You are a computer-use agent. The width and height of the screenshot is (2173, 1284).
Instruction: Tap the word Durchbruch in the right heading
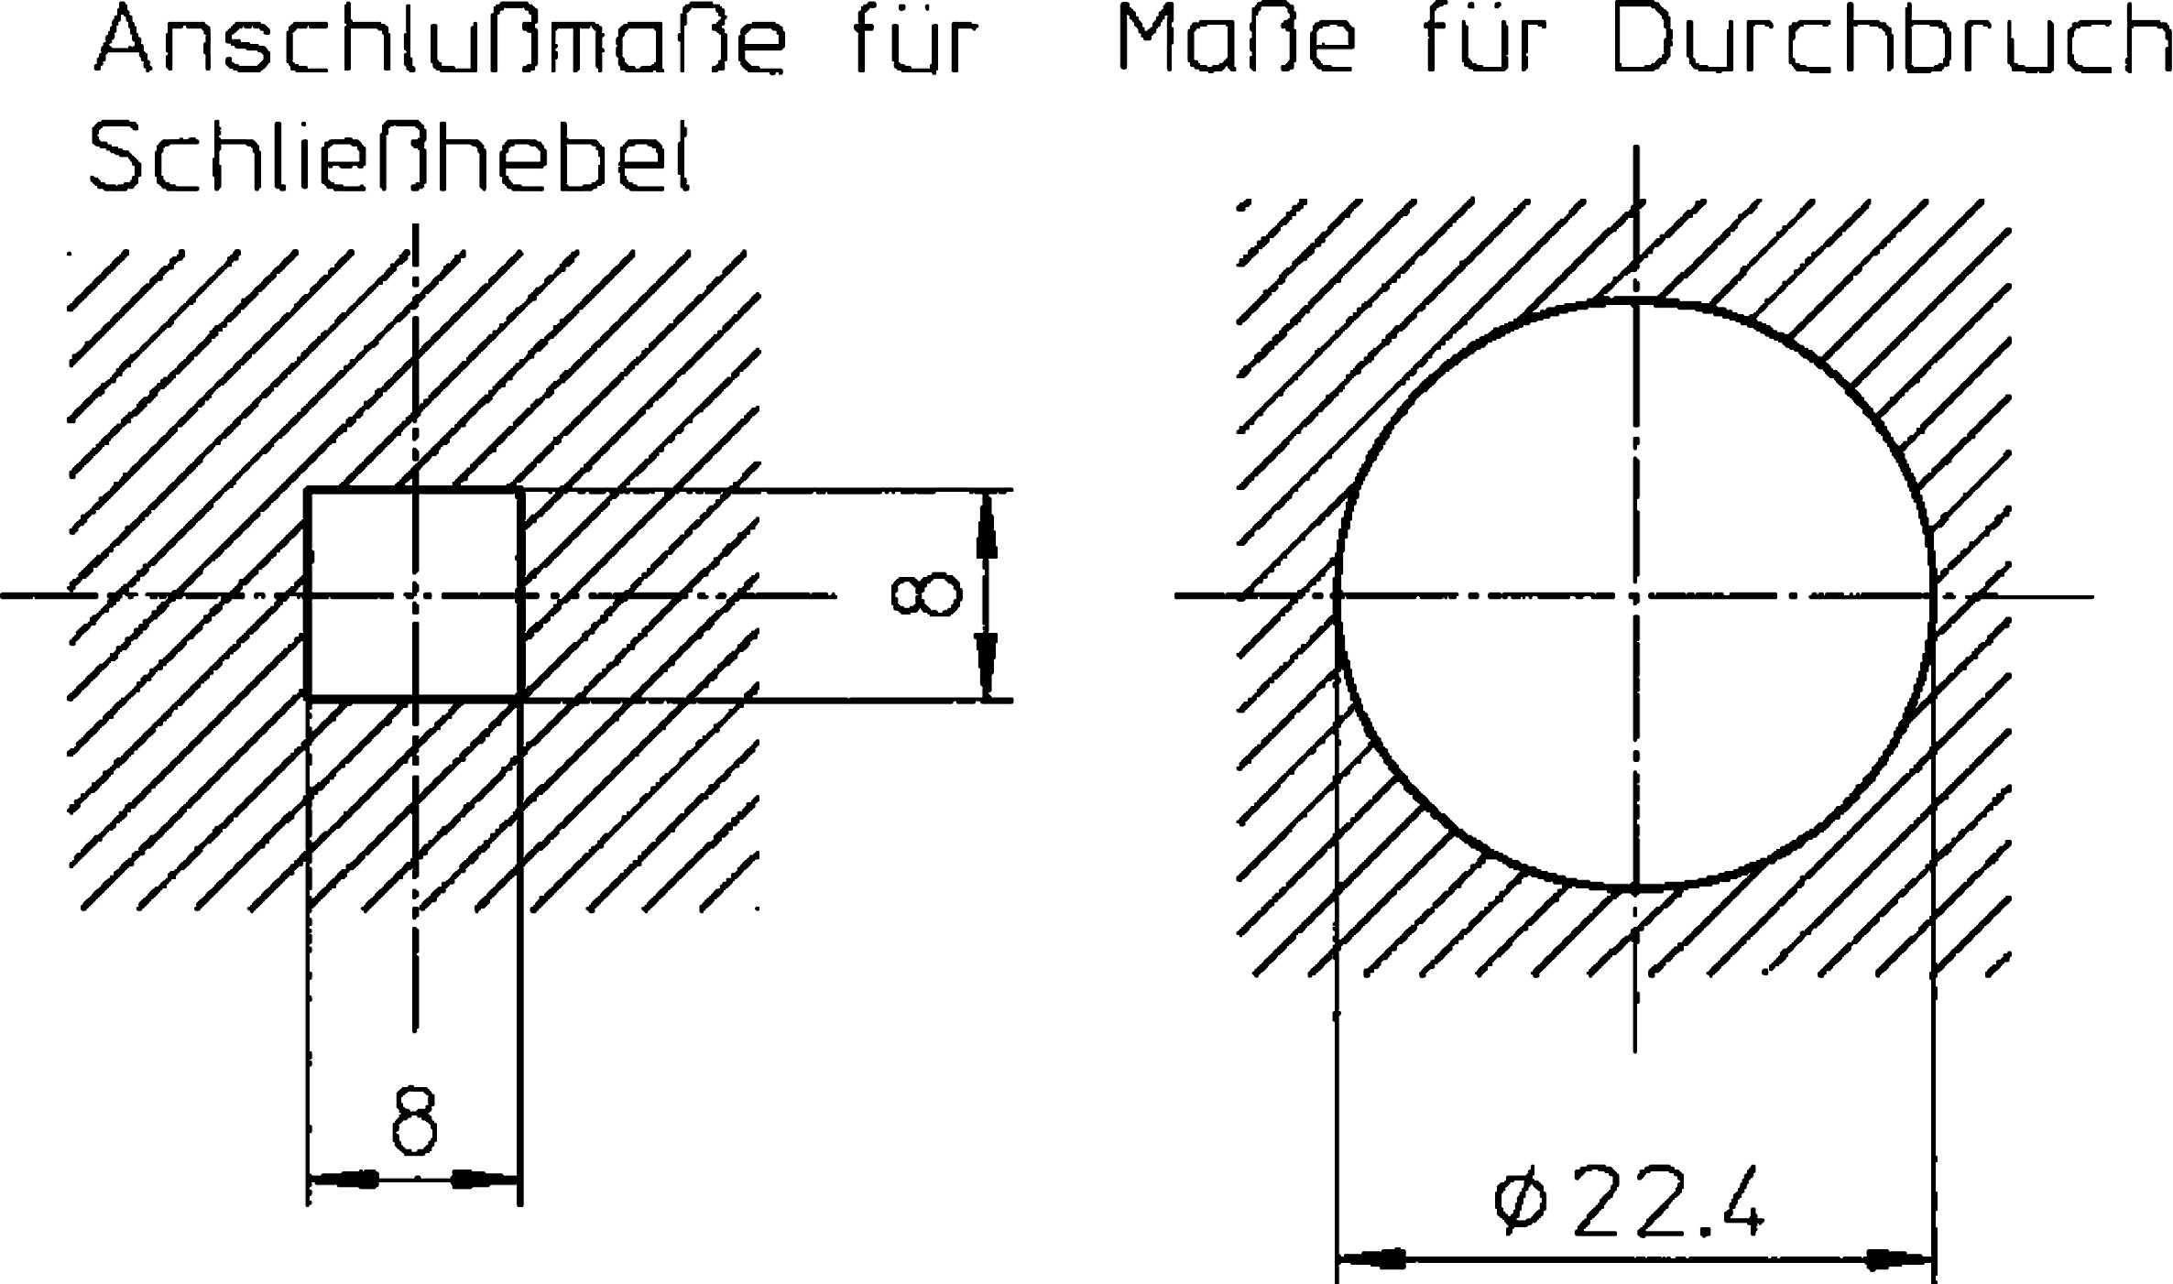[1889, 41]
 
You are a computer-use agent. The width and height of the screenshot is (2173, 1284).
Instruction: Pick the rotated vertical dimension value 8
[926, 595]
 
